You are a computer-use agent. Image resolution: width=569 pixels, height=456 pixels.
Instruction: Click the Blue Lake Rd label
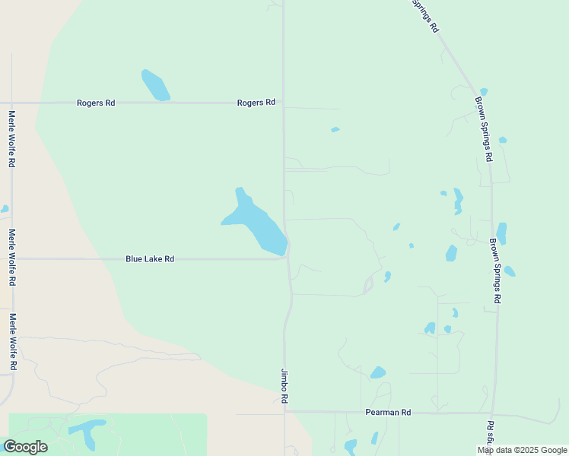(x=150, y=259)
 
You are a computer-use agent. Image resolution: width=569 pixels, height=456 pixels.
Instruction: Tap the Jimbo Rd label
(x=284, y=386)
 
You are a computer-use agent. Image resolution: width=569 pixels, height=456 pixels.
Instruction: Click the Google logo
(x=25, y=446)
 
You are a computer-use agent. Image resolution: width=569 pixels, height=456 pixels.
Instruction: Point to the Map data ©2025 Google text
(x=522, y=450)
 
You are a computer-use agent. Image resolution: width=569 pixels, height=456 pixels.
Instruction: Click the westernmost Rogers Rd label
(x=96, y=103)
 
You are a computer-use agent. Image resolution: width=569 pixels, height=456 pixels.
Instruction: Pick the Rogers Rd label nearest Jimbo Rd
(x=256, y=103)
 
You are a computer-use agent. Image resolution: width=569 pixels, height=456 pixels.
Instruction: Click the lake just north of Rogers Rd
(x=155, y=85)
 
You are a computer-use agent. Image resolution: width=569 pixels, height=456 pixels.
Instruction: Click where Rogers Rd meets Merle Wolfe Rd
(x=11, y=103)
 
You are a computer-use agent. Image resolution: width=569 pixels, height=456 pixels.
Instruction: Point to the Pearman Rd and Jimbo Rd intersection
(x=286, y=412)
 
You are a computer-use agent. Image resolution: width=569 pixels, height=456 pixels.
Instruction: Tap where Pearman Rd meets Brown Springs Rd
(x=494, y=413)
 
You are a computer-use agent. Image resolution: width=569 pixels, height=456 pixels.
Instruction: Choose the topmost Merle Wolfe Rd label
(x=11, y=139)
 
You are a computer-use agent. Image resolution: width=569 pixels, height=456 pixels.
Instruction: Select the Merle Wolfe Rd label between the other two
(x=11, y=258)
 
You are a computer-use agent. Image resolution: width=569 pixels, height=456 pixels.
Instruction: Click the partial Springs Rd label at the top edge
(x=425, y=15)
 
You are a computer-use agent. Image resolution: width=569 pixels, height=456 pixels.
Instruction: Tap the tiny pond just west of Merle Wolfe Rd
(x=4, y=209)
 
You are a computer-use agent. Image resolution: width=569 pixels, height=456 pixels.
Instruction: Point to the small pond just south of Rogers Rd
(x=335, y=130)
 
